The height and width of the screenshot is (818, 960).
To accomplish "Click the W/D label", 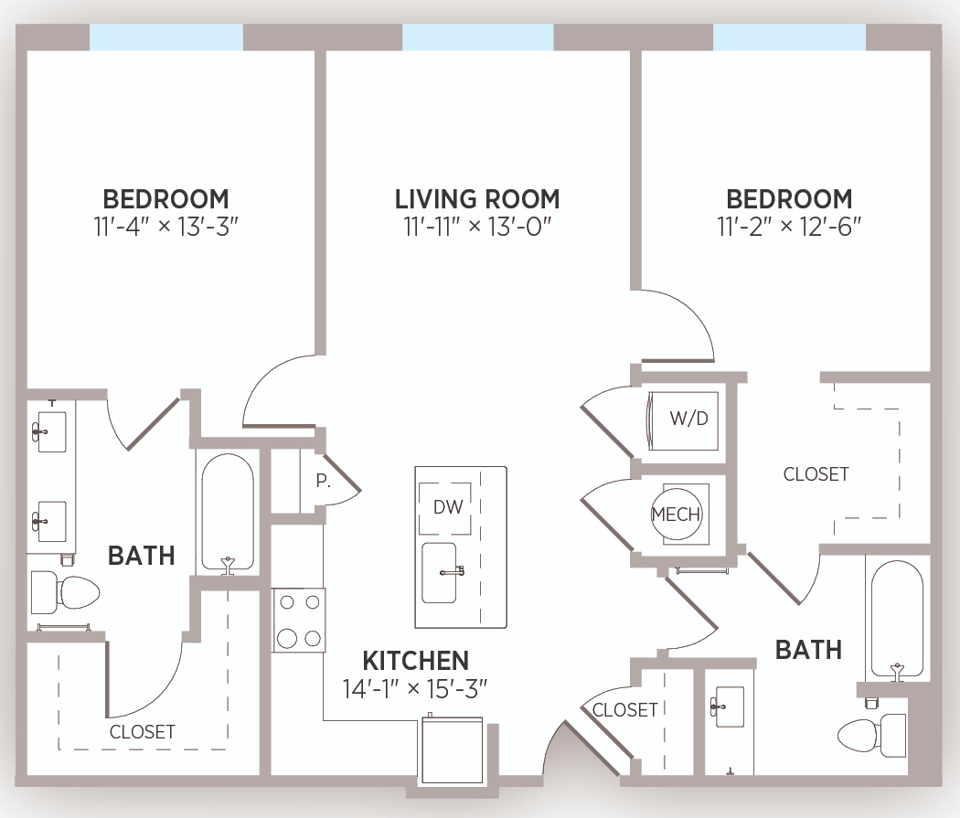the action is click(688, 419).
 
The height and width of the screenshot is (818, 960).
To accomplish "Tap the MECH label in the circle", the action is click(676, 515).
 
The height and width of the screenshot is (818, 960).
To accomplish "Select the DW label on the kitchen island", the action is click(448, 507).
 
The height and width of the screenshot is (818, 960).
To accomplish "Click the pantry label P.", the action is click(323, 482).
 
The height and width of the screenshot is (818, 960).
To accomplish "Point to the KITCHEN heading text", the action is click(416, 661).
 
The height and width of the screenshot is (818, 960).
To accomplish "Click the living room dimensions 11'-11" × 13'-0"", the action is click(477, 227).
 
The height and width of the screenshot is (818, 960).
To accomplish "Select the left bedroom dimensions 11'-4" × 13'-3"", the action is click(165, 227).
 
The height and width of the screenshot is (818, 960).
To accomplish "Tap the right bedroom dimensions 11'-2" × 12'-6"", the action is click(789, 227).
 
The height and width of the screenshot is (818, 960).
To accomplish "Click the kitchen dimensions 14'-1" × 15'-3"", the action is click(415, 689).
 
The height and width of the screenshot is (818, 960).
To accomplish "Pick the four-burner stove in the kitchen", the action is click(299, 621).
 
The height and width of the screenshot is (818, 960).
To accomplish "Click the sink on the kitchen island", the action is click(440, 573).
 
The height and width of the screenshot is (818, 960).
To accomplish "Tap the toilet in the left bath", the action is click(65, 592).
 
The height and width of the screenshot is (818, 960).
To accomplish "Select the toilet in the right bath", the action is click(872, 736).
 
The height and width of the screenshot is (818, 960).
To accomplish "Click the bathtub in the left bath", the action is click(228, 513).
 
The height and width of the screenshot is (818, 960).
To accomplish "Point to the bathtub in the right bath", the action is click(897, 619).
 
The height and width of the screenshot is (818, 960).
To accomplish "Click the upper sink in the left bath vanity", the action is click(51, 432).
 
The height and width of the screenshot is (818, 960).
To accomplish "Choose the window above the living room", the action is click(478, 37).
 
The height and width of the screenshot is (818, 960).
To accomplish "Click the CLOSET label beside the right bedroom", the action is click(816, 474).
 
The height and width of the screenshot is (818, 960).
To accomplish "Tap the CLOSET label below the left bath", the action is click(142, 732).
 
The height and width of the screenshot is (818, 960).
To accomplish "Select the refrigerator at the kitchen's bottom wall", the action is click(453, 750).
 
